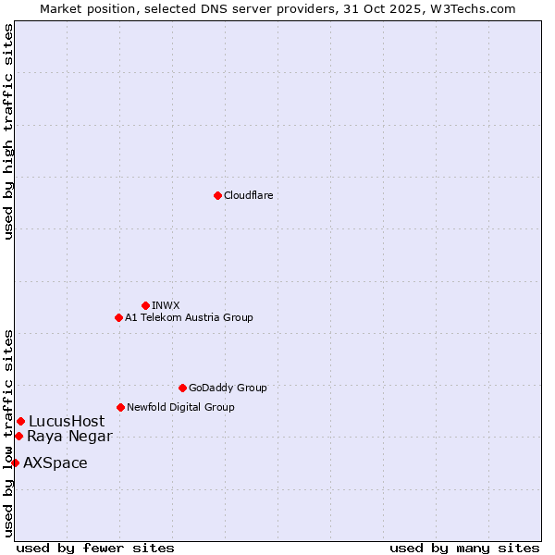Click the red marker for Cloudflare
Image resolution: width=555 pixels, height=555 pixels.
coord(217,195)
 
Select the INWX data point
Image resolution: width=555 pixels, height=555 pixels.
coord(145,305)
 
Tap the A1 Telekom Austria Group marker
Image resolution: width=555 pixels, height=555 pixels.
coord(118,317)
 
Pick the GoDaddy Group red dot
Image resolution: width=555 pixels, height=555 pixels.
coord(182,388)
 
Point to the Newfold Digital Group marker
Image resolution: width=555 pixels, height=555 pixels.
coord(120,407)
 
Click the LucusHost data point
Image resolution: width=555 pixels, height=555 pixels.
coord(20,421)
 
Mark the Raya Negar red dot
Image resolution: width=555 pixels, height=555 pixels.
coord(18,436)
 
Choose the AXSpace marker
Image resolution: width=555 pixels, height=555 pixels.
coord(15,462)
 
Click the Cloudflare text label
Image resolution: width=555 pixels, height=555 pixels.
coord(248,195)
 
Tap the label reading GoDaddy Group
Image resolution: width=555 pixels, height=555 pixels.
coord(228,388)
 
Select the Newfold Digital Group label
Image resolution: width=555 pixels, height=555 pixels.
coord(180,407)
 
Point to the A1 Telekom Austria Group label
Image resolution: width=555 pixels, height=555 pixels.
coord(189,317)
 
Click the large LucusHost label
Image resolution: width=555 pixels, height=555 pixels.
coord(67,421)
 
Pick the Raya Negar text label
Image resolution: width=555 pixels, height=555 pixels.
coord(69,436)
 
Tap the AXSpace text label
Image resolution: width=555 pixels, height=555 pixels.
coord(55,462)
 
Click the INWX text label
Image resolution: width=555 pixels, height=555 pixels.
coord(166,305)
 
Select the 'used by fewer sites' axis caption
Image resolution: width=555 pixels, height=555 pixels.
coord(95,548)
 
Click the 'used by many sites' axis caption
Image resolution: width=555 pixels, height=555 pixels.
coord(464,548)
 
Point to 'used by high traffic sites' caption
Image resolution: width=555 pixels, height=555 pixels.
coord(8,131)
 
